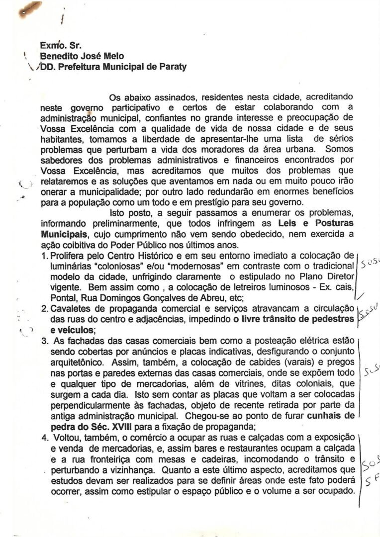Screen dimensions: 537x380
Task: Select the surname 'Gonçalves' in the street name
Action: tap(156, 298)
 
